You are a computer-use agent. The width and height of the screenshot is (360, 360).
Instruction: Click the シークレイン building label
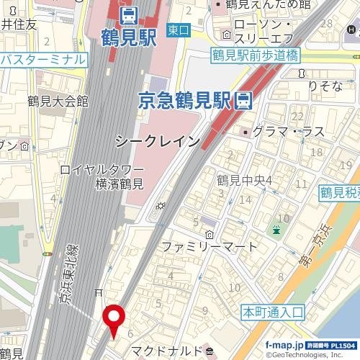pyautogui.click(x=158, y=142)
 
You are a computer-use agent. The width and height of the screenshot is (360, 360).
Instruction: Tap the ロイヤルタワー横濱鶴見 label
pyautogui.click(x=102, y=177)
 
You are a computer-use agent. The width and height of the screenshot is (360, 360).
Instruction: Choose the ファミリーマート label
pyautogui.click(x=209, y=246)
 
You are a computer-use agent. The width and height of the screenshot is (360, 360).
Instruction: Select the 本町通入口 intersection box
pyautogui.click(x=271, y=312)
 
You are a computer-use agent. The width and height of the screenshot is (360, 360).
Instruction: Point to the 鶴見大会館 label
pyautogui.click(x=58, y=101)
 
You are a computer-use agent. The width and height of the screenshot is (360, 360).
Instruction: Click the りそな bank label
pyautogui.click(x=324, y=86)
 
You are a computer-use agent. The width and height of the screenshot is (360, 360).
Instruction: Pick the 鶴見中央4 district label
pyautogui.click(x=245, y=180)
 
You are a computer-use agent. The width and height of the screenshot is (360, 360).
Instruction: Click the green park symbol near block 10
pyautogui.click(x=276, y=230)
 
